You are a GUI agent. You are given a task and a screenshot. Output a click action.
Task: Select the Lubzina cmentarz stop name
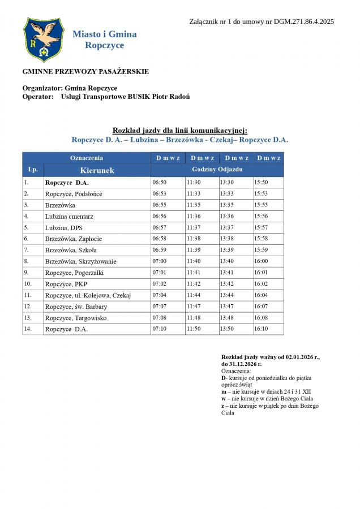[x=69, y=217]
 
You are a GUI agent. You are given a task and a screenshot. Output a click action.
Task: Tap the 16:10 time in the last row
[x=261, y=329]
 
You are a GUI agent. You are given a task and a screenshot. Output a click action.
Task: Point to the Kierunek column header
[x=97, y=170]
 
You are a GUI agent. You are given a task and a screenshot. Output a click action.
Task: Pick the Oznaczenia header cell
[x=87, y=158]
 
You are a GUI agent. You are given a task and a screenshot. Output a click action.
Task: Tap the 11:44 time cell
[x=194, y=295]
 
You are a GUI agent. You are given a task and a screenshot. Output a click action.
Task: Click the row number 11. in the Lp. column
[x=28, y=295]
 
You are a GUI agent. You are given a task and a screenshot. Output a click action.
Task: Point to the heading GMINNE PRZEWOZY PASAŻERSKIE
[x=85, y=72]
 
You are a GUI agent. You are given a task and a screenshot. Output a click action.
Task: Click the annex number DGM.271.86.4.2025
[x=304, y=21]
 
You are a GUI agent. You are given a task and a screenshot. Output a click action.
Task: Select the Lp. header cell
[x=33, y=170]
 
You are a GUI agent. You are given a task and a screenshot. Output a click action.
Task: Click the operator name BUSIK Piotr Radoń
[x=157, y=97]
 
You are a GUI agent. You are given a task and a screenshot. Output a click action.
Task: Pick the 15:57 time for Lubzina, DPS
[x=261, y=228]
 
